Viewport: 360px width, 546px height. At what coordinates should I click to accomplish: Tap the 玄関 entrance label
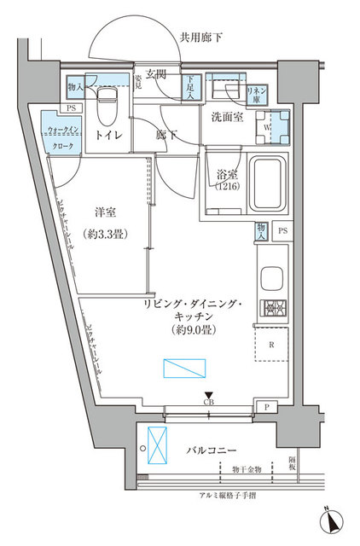pyautogui.click(x=154, y=75)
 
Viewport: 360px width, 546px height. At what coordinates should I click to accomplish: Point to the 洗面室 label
pyautogui.click(x=224, y=117)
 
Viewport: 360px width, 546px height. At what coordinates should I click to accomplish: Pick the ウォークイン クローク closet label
pyautogui.click(x=65, y=137)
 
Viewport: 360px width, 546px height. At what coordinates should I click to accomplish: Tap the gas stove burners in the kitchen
pyautogui.click(x=274, y=309)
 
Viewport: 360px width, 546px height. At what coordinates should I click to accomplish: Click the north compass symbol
pyautogui.click(x=333, y=520)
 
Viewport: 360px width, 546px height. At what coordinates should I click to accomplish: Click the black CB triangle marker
pyautogui.click(x=208, y=393)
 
